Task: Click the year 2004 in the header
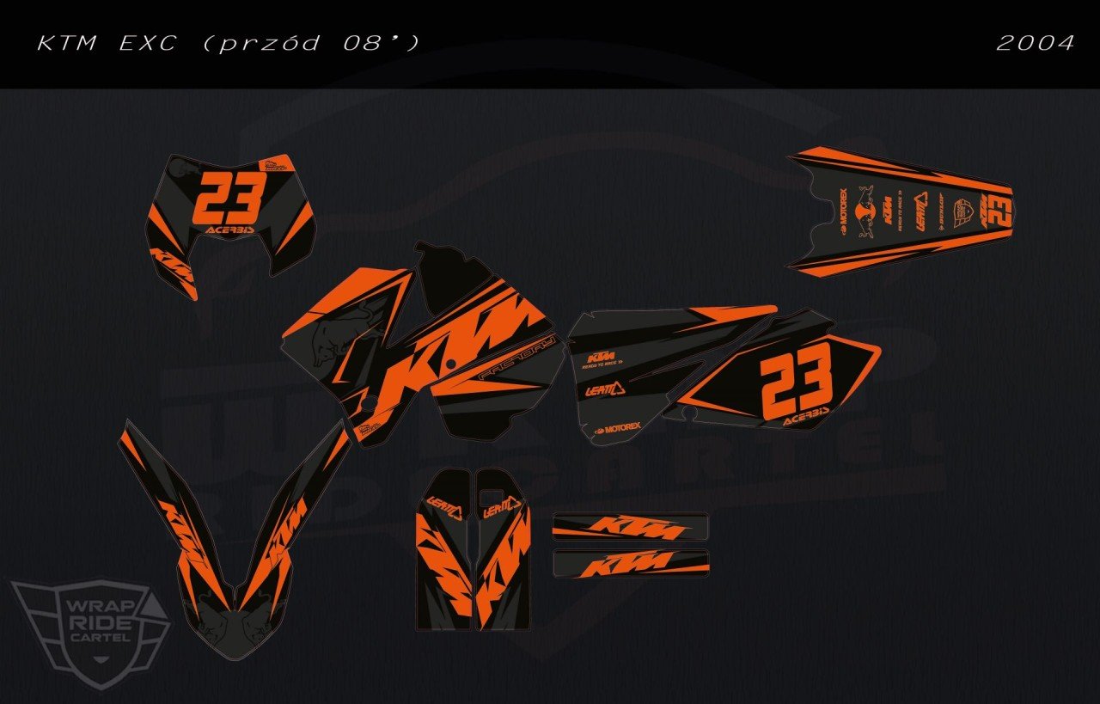(x=1035, y=42)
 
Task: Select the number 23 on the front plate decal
(x=229, y=199)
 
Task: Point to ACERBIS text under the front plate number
(x=230, y=231)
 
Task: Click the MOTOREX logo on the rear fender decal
(x=843, y=215)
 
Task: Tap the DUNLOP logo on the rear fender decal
(x=944, y=214)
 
